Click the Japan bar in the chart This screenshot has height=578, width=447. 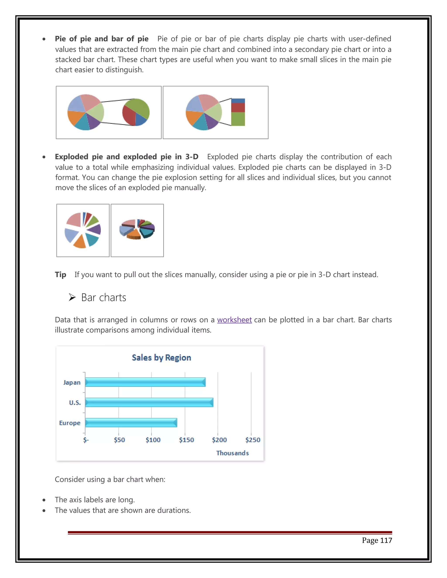click(145, 382)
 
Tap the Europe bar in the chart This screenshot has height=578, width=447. click(131, 423)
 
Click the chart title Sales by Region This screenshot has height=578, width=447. click(161, 357)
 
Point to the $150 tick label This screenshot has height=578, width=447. click(186, 440)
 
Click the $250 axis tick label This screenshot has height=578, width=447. click(253, 440)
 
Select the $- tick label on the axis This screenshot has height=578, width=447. click(86, 440)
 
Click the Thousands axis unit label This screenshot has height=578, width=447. click(232, 453)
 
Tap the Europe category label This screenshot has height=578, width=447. click(70, 423)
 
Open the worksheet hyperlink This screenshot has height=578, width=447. click(234, 320)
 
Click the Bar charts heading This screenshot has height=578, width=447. click(103, 298)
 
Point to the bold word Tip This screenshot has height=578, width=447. click(60, 275)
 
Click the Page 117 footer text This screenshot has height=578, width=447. click(377, 540)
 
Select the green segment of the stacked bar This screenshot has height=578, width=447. click(238, 119)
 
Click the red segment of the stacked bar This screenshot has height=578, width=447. click(238, 108)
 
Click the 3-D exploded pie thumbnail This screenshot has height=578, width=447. click(137, 230)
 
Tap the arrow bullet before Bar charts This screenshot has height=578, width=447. click(72, 298)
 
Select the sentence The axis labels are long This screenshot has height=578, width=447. click(95, 500)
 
